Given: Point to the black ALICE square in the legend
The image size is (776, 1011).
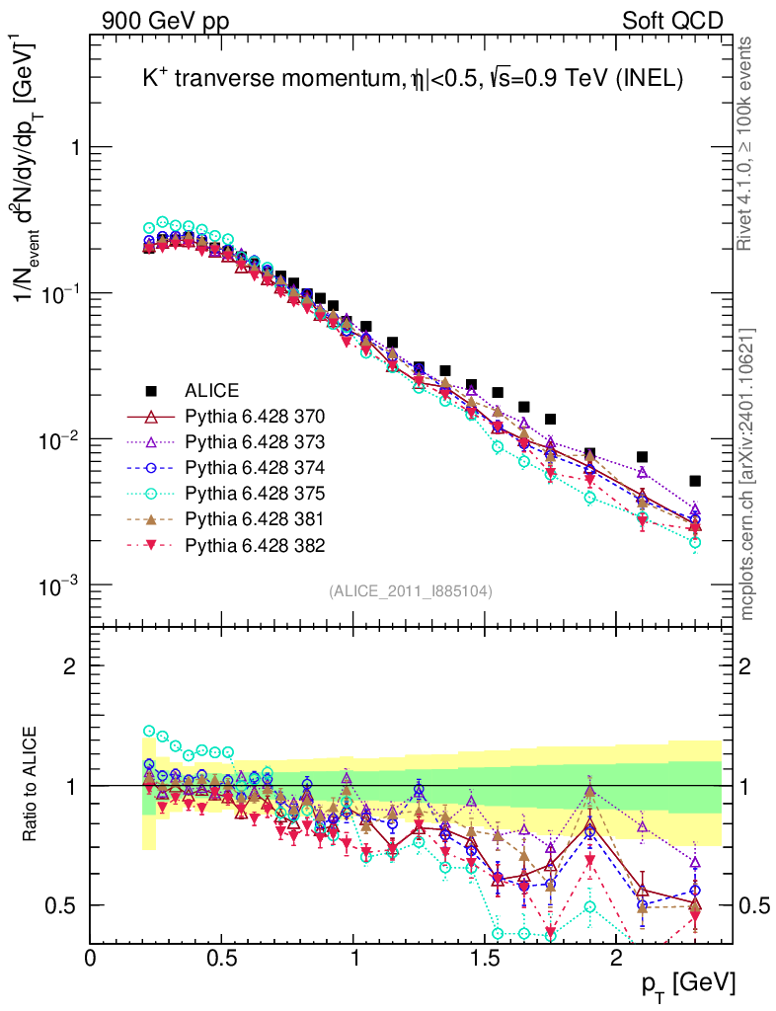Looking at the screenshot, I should [x=151, y=390].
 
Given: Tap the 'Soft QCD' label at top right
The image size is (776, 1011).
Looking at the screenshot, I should [x=672, y=21].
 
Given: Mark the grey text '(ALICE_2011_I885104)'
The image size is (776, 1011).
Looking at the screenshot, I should [x=411, y=590].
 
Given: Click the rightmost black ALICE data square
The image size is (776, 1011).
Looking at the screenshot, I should [x=695, y=481].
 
